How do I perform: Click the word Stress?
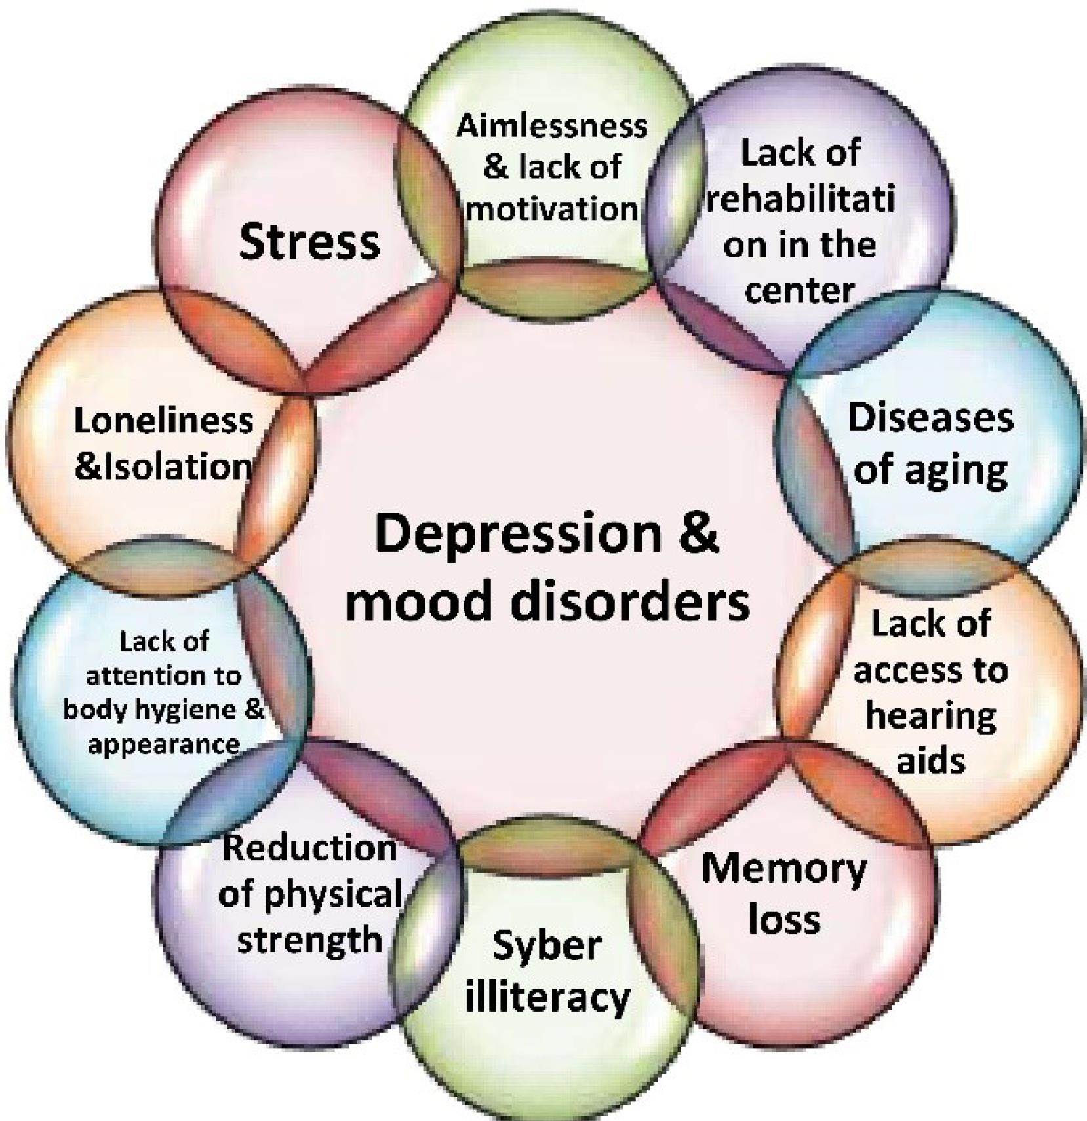pos(309,241)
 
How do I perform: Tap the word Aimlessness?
pos(552,126)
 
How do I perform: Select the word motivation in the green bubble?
pos(552,209)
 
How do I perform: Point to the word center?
pos(800,290)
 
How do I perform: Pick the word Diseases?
pos(930,418)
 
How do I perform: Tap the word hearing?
pos(930,715)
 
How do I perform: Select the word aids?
pos(930,761)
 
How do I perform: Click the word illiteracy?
pos(547,997)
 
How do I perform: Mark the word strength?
pos(309,940)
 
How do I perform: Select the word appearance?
pos(163,745)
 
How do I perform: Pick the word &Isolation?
pos(163,466)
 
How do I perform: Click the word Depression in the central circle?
pos(519,534)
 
